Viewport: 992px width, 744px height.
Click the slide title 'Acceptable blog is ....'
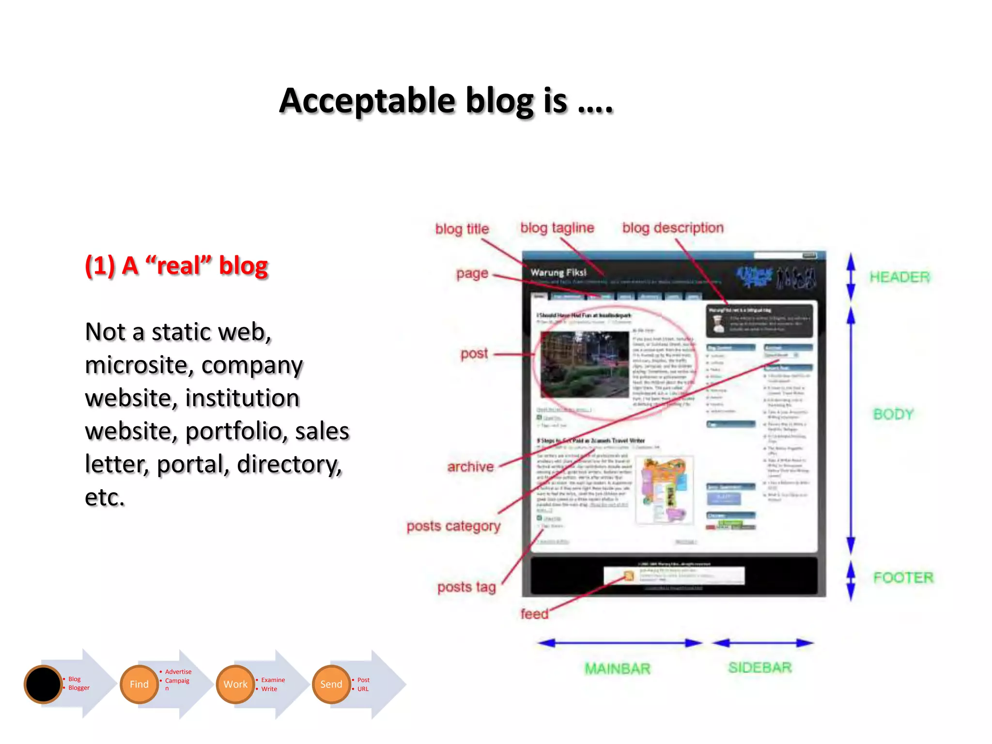[x=446, y=101]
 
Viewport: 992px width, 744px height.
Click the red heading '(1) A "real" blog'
[x=176, y=265]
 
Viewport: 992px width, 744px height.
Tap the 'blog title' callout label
[x=462, y=229]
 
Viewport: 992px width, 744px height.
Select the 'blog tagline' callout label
[x=557, y=228]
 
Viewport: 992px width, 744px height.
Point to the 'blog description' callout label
[x=672, y=228]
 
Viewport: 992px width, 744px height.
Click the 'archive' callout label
[x=470, y=467]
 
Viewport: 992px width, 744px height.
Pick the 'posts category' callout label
[x=453, y=526]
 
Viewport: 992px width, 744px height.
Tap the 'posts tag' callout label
[x=466, y=587]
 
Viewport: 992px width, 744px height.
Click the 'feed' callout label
[x=534, y=614]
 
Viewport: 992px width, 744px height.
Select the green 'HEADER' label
[x=899, y=277]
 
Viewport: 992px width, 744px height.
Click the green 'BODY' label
[x=893, y=414]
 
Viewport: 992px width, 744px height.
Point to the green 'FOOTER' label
[x=903, y=577]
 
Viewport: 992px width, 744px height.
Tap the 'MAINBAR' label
[x=617, y=669]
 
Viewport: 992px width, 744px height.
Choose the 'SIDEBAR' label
[x=759, y=667]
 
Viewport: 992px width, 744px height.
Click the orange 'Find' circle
[x=139, y=684]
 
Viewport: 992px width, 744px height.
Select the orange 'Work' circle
[x=235, y=684]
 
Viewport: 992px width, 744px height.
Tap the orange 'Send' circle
[x=331, y=684]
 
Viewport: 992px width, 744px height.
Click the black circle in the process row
[x=43, y=684]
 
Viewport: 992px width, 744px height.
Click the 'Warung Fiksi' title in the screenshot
[x=558, y=272]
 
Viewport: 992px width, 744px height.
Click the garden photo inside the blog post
[x=585, y=364]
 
